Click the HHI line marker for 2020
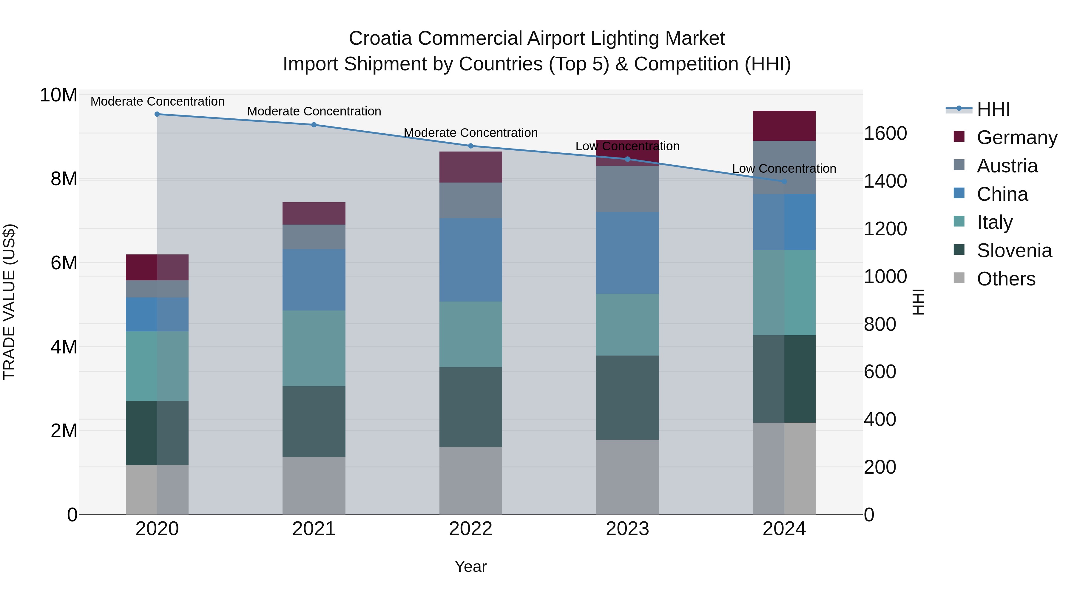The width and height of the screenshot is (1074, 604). [157, 114]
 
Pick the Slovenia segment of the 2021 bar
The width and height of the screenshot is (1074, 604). [314, 421]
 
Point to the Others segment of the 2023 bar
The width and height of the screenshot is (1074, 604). [627, 477]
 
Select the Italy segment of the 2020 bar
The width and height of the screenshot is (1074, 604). [157, 366]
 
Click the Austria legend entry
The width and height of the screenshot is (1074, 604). [1007, 166]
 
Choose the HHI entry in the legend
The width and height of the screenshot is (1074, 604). [993, 109]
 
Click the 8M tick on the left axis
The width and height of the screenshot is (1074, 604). [64, 179]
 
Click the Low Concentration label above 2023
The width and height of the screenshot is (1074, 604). [627, 146]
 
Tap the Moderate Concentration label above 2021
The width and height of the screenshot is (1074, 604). [314, 111]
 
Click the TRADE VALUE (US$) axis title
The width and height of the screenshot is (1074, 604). [9, 302]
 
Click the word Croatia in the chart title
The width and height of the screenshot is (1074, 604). [380, 38]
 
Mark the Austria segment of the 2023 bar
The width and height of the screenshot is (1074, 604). [627, 189]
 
